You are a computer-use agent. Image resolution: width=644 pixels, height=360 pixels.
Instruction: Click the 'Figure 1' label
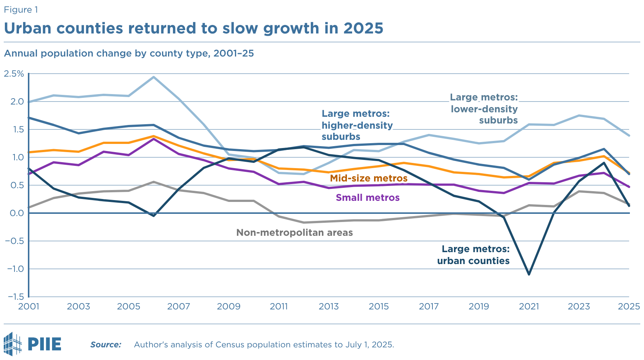21,10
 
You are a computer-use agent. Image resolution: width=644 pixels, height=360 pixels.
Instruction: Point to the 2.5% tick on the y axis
14,74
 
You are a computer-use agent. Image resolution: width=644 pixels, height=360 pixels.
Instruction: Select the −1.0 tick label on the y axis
15,269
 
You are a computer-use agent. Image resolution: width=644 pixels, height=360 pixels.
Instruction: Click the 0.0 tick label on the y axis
15,213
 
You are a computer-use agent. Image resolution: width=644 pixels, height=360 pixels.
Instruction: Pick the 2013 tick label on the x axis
329,306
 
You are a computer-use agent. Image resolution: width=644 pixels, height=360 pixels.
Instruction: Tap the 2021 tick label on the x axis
529,306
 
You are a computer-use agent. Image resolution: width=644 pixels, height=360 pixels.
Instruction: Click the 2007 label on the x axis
178,306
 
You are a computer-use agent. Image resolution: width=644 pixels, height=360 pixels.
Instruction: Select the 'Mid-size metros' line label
368,179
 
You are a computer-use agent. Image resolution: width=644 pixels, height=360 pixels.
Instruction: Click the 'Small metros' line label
367,197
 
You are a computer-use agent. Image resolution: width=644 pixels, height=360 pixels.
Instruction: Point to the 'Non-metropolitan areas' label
294,233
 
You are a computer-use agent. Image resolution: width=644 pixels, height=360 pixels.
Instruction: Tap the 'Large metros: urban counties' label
473,255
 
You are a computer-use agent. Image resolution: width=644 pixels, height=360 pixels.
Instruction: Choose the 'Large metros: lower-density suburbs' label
484,109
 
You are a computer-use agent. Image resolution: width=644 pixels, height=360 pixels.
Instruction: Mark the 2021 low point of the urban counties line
529,274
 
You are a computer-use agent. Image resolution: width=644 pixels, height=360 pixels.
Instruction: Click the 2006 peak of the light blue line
154,77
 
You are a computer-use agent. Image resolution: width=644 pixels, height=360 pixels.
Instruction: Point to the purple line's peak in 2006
154,139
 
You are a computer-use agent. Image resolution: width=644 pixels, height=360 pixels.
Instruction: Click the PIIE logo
32,344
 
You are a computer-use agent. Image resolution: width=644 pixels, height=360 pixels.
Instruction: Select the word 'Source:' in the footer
106,345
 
